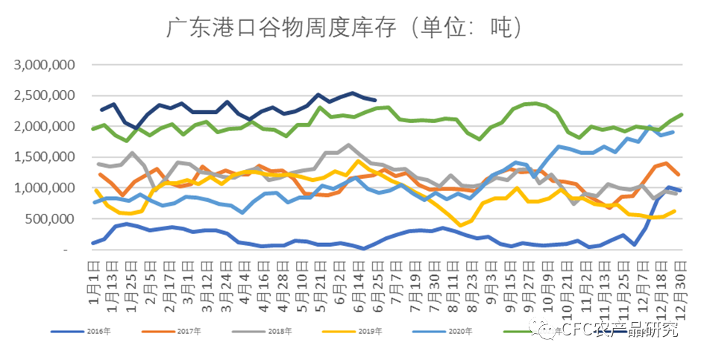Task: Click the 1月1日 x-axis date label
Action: [x=94, y=271]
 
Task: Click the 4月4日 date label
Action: [x=244, y=271]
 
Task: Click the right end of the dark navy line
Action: [x=374, y=100]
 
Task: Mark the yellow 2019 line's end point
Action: [x=674, y=211]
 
